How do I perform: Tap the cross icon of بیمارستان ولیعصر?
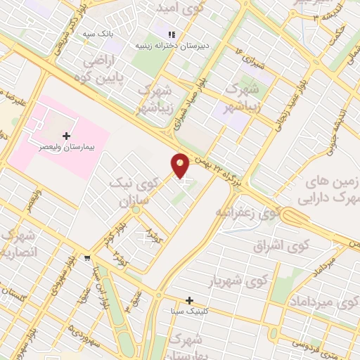67,135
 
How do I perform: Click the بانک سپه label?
98,34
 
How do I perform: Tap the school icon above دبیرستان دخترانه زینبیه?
169,34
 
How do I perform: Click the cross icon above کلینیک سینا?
189,300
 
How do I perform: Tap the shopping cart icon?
86,257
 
